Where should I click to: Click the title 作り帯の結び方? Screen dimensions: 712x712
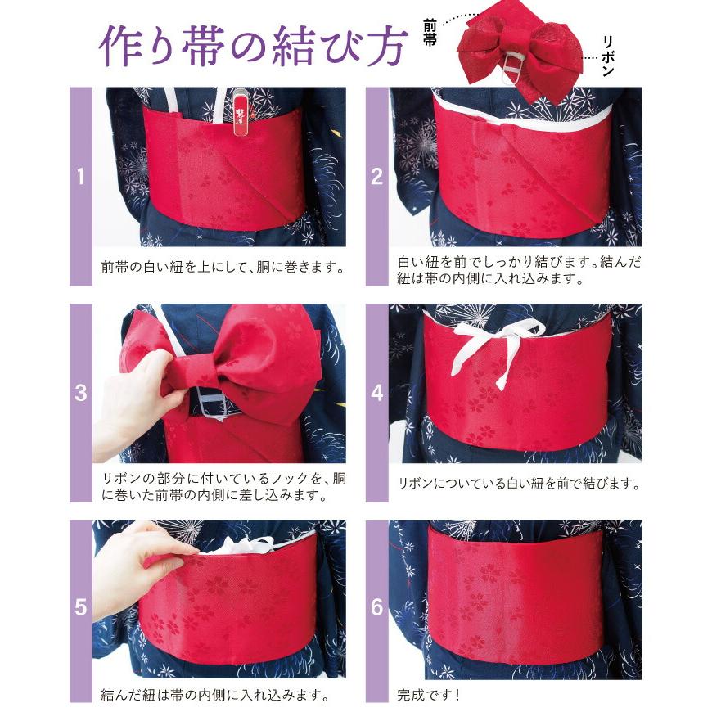(x=251, y=47)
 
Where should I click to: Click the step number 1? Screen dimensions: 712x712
(x=80, y=176)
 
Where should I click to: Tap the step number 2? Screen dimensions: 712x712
(x=376, y=176)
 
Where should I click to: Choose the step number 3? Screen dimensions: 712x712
(x=80, y=393)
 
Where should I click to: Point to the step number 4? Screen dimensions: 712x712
(x=376, y=393)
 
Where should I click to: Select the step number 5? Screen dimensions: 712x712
(x=80, y=607)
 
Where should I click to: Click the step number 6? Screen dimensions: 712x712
(x=376, y=607)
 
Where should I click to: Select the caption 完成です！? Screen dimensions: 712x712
(x=428, y=696)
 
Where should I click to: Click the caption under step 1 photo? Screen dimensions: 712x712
(x=221, y=267)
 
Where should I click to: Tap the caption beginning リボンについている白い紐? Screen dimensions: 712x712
(x=518, y=484)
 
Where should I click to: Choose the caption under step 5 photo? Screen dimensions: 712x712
(x=215, y=696)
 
